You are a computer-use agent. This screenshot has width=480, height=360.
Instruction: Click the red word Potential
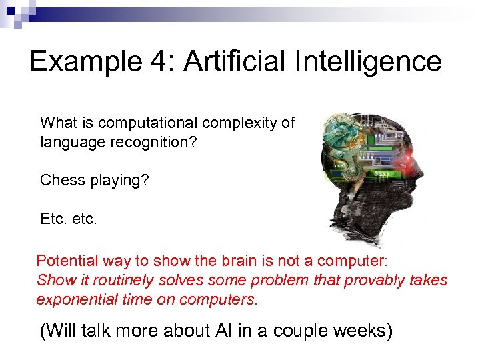coord(66,261)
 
